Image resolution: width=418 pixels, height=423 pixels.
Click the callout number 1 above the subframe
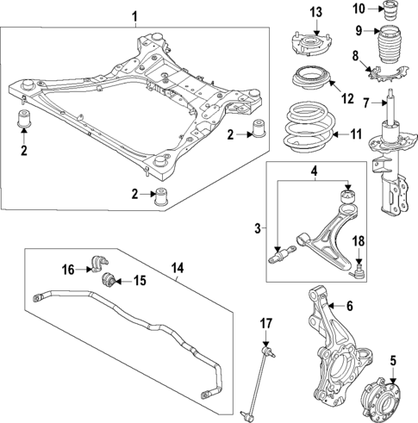pos(134,16)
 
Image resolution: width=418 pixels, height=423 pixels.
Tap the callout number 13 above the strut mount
pos(316,11)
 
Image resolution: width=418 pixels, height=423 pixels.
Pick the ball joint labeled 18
pos(358,272)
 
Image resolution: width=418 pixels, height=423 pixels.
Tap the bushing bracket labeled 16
pos(97,263)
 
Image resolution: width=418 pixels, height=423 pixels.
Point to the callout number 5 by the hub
pos(393,360)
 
